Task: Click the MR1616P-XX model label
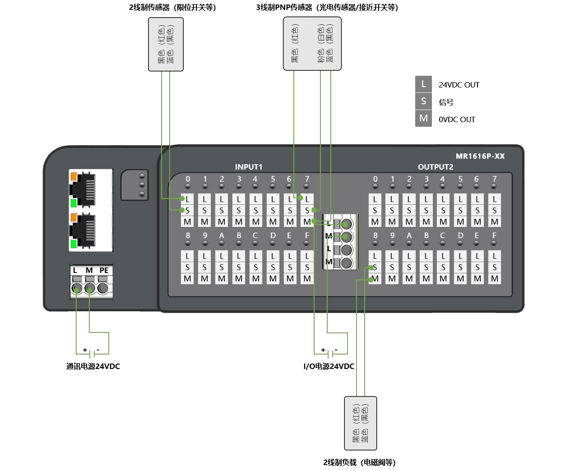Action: tap(480, 156)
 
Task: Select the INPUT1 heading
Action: tap(248, 167)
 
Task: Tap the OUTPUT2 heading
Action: tap(435, 167)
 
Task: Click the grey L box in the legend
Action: tap(423, 84)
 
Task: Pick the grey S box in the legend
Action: tap(423, 101)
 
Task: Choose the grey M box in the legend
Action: tap(423, 118)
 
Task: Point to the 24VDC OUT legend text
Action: tap(459, 85)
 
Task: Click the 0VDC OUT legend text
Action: tap(457, 120)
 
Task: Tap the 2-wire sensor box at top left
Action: tap(166, 44)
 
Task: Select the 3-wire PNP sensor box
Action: tap(312, 44)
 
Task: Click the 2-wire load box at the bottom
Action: tap(360, 423)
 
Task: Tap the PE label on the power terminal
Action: tap(104, 270)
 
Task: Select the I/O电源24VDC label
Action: tap(329, 366)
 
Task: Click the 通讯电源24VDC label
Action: tap(93, 366)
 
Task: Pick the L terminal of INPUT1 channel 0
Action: tap(187, 199)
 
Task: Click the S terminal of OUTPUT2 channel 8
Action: tap(375, 267)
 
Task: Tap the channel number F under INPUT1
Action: tap(307, 235)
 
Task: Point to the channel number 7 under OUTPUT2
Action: tap(494, 179)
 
